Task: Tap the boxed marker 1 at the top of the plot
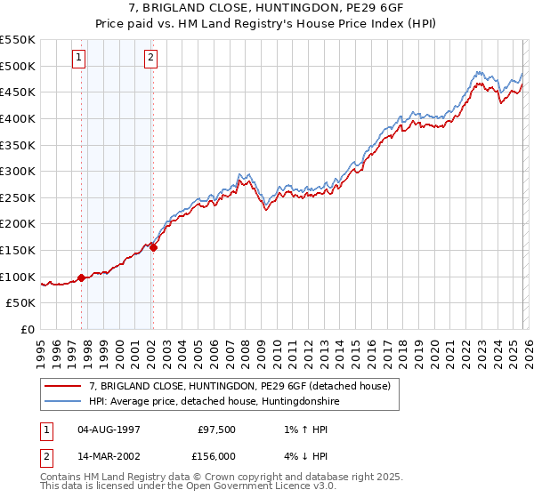coord(79,58)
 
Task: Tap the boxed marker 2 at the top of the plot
coord(151,58)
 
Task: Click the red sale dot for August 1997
coord(82,277)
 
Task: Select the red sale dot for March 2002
coord(153,247)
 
